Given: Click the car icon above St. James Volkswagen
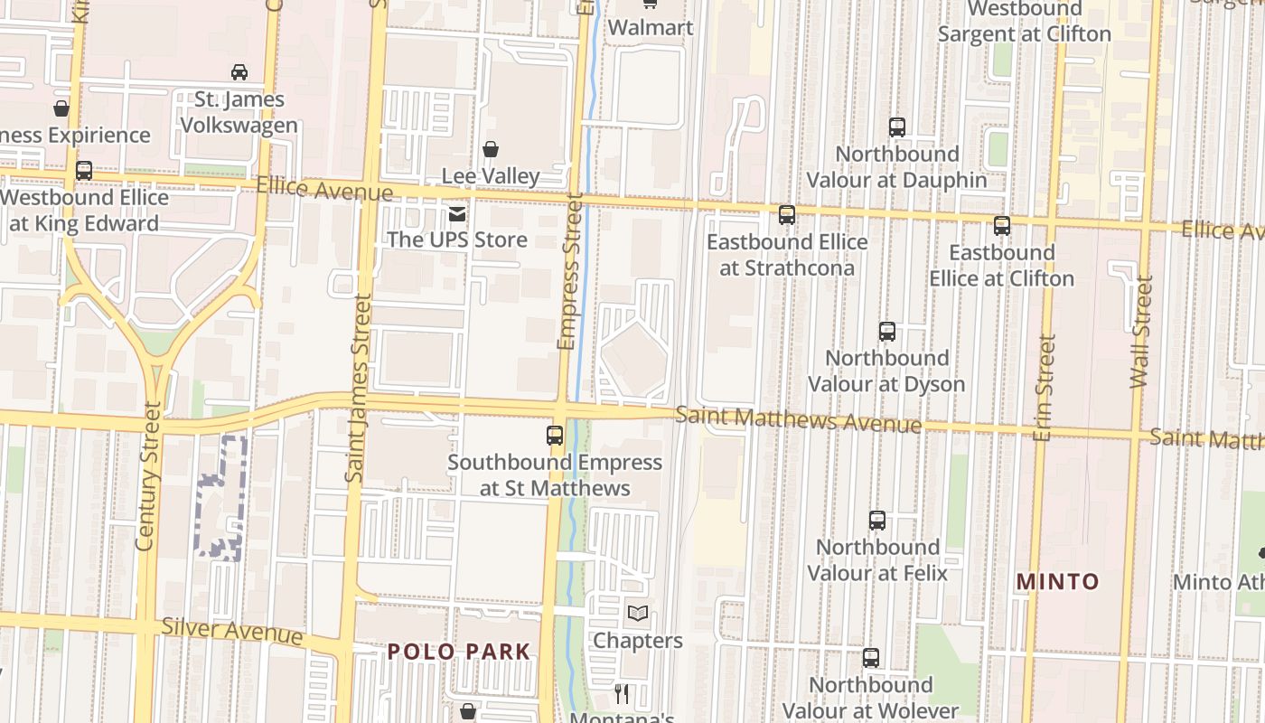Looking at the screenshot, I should (x=239, y=71).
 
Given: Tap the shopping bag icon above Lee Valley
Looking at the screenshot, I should (x=491, y=149).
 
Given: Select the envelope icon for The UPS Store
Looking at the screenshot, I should (x=457, y=214).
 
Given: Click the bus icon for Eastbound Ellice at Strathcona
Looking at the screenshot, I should (x=787, y=215).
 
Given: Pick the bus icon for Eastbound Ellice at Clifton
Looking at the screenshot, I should (x=1002, y=226).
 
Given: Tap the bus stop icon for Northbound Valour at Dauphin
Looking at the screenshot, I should (x=897, y=127).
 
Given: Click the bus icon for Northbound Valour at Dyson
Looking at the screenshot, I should (x=887, y=332).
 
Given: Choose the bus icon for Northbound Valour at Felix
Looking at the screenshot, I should (x=877, y=521).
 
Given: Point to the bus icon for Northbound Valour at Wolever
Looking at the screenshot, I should (x=871, y=658).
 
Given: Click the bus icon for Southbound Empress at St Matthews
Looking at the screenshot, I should (x=555, y=436).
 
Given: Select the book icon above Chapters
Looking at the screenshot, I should (x=638, y=614).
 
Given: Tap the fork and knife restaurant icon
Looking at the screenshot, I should (x=622, y=694).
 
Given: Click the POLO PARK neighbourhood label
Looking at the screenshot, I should (x=459, y=652).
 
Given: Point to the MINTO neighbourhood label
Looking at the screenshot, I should (x=1057, y=582).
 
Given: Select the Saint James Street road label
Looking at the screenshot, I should (x=357, y=387).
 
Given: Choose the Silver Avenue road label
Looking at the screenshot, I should (x=231, y=630).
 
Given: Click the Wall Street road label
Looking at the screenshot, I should (x=1143, y=332).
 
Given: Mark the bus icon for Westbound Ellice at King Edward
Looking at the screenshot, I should (x=84, y=171).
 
